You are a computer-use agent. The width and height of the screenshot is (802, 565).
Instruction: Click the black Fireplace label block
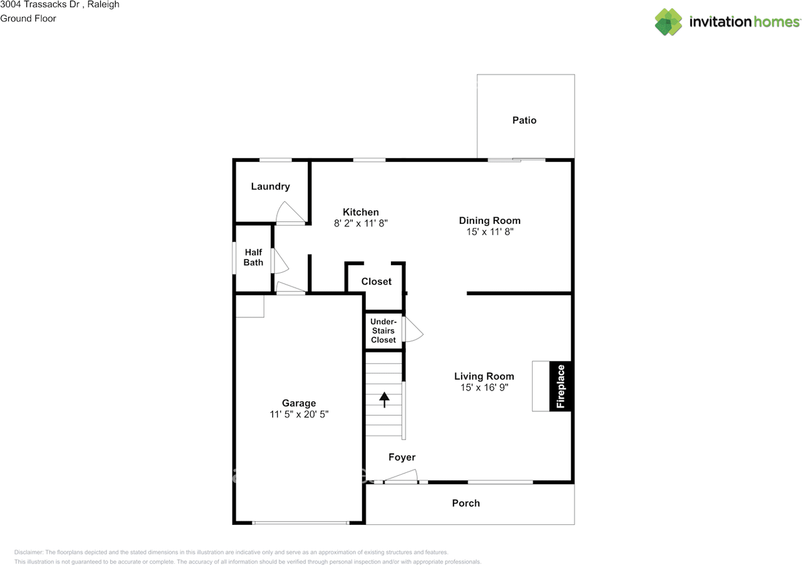[x=561, y=386]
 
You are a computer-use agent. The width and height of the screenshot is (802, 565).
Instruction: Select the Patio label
[x=524, y=120]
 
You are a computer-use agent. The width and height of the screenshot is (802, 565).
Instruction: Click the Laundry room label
[x=270, y=186]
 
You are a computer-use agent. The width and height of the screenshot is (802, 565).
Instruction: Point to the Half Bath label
[x=253, y=257]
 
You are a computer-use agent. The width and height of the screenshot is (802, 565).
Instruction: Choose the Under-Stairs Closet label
[x=383, y=330]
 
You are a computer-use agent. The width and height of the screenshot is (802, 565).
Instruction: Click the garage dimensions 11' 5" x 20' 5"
[x=299, y=415]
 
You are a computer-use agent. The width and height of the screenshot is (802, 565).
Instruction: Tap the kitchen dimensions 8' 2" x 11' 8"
[x=361, y=223]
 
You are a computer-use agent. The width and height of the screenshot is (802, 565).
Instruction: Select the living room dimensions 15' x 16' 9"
[x=484, y=388]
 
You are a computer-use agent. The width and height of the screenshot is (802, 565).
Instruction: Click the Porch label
[x=466, y=503]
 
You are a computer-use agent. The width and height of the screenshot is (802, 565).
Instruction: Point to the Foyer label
[x=402, y=457]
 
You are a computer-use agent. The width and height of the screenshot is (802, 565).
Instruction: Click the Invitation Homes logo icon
[x=669, y=22]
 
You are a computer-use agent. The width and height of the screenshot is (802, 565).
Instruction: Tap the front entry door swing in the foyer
[x=402, y=477]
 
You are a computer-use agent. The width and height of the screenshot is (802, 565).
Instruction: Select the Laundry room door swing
[x=290, y=213]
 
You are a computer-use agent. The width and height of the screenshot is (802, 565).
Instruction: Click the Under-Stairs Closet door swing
[x=412, y=329]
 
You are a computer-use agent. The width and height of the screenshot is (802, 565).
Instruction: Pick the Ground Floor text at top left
[x=28, y=18]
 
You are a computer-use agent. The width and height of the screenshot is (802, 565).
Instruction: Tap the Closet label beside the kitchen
[x=376, y=282]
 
